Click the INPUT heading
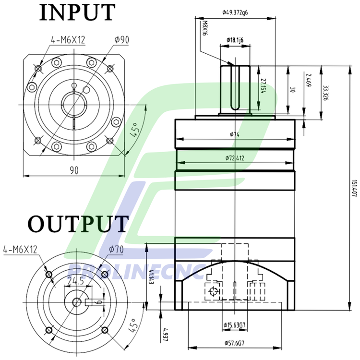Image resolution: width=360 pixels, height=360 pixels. [x=77, y=12]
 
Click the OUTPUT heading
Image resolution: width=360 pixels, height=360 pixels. [x=78, y=224]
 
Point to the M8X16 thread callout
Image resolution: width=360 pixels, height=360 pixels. [x=204, y=28]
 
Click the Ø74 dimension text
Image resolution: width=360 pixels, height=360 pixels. [x=234, y=134]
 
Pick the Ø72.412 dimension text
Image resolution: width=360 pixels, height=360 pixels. [x=235, y=158]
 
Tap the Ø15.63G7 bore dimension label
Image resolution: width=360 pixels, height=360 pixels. [x=235, y=326]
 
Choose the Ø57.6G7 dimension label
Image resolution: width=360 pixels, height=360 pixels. [x=235, y=343]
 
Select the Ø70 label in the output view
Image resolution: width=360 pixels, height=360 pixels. [x=117, y=249]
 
